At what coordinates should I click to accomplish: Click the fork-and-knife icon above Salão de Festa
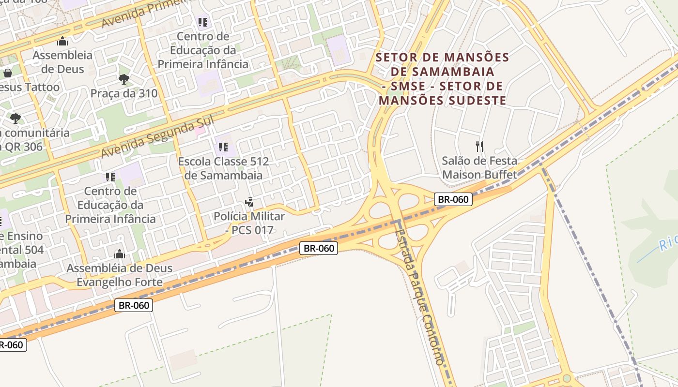(479, 146)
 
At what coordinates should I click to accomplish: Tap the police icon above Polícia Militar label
(249, 202)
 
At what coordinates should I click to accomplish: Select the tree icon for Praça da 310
(124, 79)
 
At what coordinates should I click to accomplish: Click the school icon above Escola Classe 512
(223, 147)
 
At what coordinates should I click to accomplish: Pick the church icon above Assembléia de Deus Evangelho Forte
(120, 254)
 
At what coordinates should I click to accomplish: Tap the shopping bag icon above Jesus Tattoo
(8, 73)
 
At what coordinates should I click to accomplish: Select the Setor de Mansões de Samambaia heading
(442, 79)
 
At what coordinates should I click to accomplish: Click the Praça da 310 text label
(124, 93)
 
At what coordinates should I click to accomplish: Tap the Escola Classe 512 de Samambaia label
(223, 168)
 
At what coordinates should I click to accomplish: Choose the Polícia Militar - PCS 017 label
(249, 223)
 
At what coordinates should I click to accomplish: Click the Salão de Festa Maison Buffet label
(479, 167)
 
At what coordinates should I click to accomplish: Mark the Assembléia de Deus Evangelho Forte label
(120, 275)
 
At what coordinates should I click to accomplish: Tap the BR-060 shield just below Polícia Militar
(318, 248)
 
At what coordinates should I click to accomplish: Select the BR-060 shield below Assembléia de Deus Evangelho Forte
(134, 305)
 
